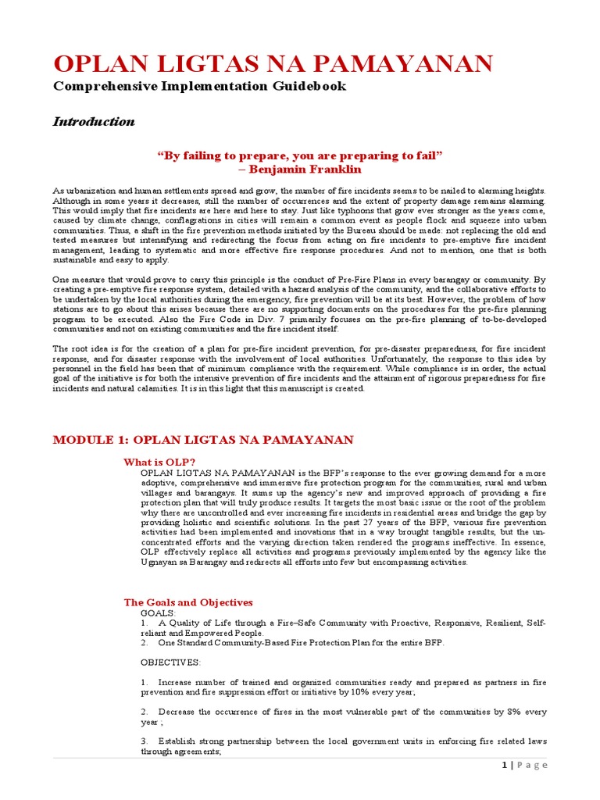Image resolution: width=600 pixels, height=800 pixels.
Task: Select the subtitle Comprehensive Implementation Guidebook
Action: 199,86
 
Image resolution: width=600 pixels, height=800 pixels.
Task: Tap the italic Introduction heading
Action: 93,121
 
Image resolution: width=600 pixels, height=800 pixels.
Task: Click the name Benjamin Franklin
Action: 300,169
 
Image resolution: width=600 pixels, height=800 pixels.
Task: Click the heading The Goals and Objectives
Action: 188,602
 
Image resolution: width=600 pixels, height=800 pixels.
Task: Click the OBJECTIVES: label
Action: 170,662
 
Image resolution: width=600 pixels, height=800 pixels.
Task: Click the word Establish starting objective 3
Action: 181,741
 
